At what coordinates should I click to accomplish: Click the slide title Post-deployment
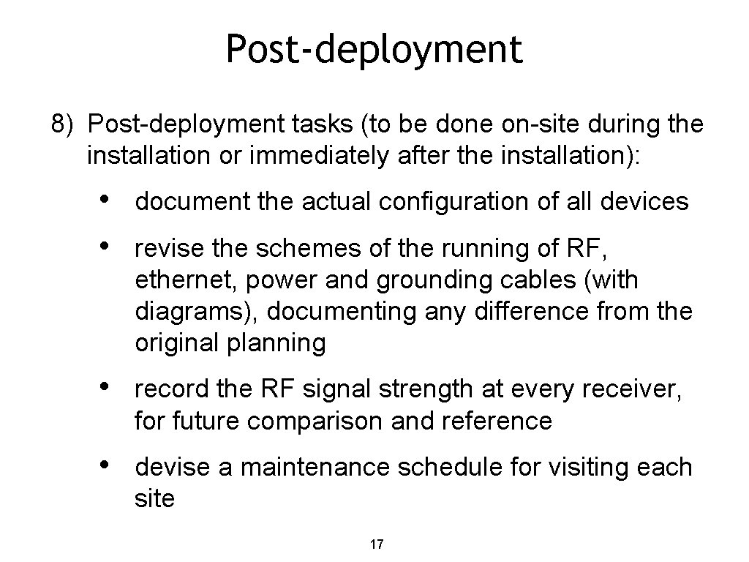374,50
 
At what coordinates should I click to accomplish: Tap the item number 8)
63,124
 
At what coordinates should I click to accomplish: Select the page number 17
377,544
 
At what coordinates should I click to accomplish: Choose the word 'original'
177,343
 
